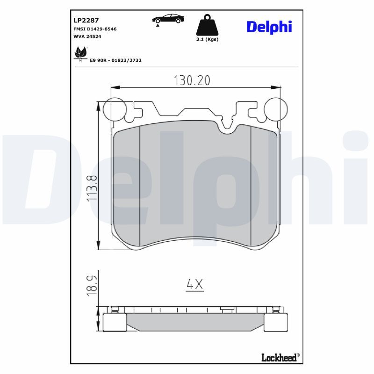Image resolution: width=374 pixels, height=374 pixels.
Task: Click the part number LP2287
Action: (86, 20)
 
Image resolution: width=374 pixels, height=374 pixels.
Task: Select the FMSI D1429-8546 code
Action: (95, 29)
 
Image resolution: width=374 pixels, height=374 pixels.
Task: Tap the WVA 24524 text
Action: (87, 36)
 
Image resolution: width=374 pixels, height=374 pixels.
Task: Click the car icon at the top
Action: (168, 19)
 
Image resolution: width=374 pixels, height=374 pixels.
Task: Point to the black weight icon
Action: (207, 25)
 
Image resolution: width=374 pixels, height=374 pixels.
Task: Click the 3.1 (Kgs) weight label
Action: (207, 39)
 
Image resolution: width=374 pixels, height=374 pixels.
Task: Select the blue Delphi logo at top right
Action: (269, 27)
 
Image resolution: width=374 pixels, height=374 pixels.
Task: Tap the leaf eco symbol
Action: (80, 54)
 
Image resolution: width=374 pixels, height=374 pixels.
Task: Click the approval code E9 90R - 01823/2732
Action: (115, 60)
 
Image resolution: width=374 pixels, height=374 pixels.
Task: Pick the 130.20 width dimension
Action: (192, 80)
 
